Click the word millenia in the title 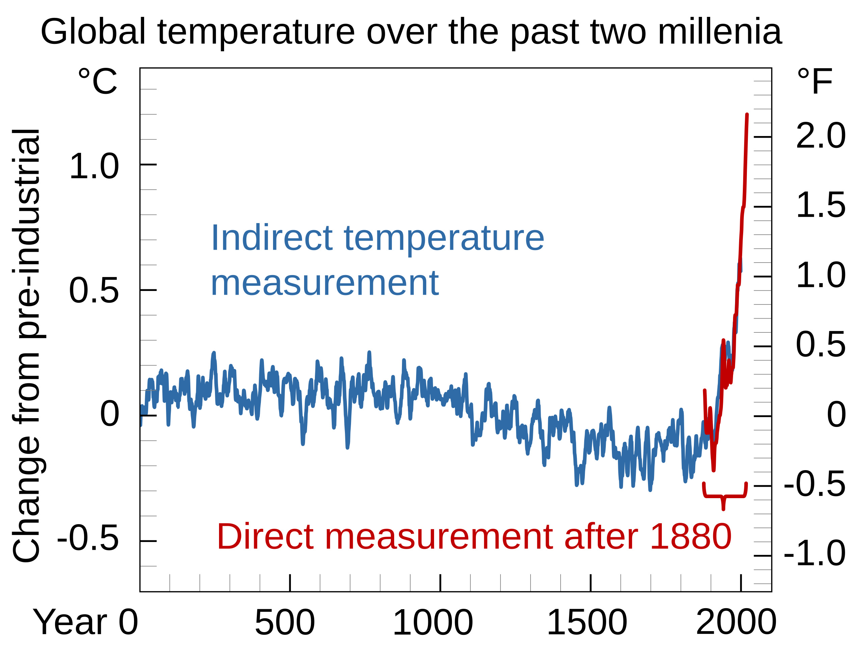pyautogui.click(x=720, y=32)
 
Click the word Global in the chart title pyautogui.click(x=93, y=32)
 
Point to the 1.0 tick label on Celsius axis pyautogui.click(x=94, y=167)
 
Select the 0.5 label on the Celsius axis pyautogui.click(x=94, y=290)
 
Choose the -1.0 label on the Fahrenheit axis pyautogui.click(x=815, y=553)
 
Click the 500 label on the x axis pyautogui.click(x=285, y=623)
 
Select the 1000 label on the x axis pyautogui.click(x=433, y=623)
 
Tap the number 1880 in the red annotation pyautogui.click(x=691, y=537)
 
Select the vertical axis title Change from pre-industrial pyautogui.click(x=27, y=346)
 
